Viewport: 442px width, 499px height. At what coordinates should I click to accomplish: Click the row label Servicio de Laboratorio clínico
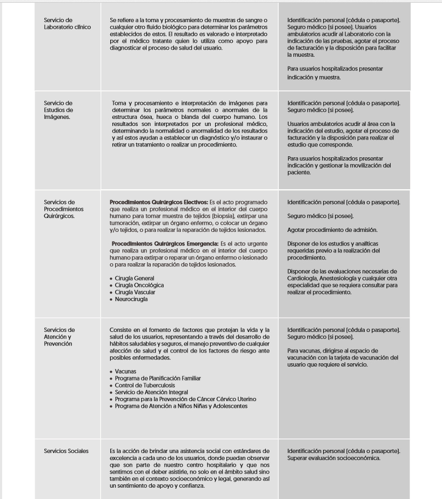pos(67,23)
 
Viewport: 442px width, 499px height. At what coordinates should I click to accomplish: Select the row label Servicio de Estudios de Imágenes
pos(58,109)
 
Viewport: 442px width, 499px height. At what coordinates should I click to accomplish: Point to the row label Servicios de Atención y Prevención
pos(59,336)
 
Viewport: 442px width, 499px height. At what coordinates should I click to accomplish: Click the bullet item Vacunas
pos(125,371)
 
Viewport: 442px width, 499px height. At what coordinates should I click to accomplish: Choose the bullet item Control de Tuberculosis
pos(145,385)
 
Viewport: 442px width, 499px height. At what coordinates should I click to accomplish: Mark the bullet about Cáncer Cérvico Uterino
pos(185,400)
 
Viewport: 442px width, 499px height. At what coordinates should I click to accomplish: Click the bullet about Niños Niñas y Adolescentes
pos(181,407)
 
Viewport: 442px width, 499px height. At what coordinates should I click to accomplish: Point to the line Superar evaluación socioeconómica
pos(334,458)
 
